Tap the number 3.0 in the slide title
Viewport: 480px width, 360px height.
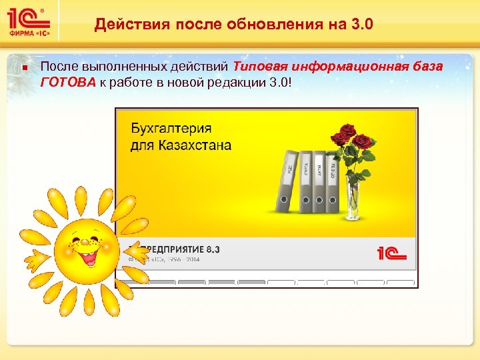click(360, 25)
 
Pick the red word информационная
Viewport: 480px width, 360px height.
click(347, 67)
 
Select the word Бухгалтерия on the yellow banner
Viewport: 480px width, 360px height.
click(171, 128)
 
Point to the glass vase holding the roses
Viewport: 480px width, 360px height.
click(354, 200)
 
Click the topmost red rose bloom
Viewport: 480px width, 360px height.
click(346, 131)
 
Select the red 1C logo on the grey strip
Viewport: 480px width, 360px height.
click(391, 253)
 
